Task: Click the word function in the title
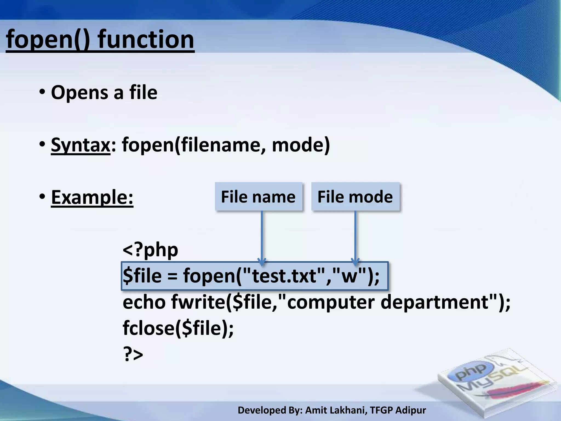tap(146, 40)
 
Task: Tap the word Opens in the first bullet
tap(79, 93)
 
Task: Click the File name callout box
tap(258, 197)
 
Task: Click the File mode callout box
tap(355, 197)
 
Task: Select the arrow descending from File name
tap(262, 236)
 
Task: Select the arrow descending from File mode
tap(355, 236)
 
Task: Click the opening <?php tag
tap(150, 250)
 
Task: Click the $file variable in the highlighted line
tap(142, 276)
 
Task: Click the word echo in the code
tap(144, 302)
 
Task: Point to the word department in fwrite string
tap(434, 302)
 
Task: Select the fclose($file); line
tap(178, 328)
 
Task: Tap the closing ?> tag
tap(133, 354)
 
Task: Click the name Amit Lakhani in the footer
tap(336, 410)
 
